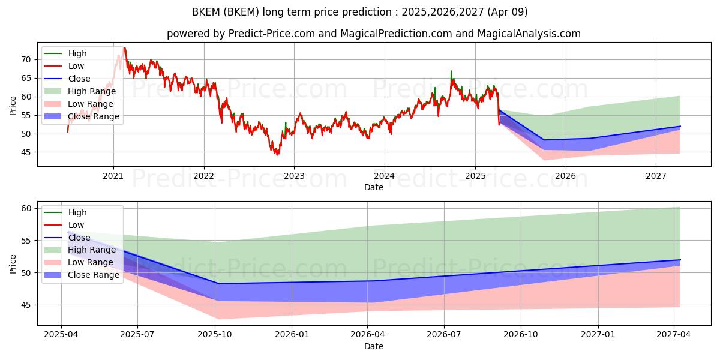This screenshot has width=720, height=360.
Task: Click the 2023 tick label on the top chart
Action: [x=294, y=176]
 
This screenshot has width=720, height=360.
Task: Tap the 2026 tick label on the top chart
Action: [x=566, y=176]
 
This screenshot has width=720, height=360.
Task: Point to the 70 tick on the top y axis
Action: [x=26, y=60]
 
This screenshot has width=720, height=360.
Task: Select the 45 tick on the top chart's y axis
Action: [x=26, y=152]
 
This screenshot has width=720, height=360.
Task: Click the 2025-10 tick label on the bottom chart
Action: [x=215, y=335]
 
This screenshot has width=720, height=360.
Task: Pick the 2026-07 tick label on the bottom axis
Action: [x=444, y=335]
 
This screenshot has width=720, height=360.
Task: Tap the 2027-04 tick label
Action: [x=673, y=335]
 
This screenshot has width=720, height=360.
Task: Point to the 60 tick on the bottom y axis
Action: [x=26, y=209]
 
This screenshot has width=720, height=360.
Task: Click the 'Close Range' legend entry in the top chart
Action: [x=82, y=116]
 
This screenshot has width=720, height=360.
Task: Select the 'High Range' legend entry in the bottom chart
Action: [x=80, y=250]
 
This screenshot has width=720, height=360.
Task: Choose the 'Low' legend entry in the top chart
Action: [x=64, y=66]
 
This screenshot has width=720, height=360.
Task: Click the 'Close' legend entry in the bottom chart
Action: [x=67, y=238]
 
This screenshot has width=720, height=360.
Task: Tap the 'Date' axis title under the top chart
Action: [x=373, y=187]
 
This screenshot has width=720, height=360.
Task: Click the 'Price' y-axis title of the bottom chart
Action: [x=13, y=264]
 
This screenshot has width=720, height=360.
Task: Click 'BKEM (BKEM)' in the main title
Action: [x=226, y=12]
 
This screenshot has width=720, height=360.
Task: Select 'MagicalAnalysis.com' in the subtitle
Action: [x=529, y=34]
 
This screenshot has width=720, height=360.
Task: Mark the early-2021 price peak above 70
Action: [x=124, y=48]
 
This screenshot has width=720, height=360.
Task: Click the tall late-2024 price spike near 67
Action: [x=451, y=71]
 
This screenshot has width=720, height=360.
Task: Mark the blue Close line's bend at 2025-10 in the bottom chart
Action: [x=218, y=283]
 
